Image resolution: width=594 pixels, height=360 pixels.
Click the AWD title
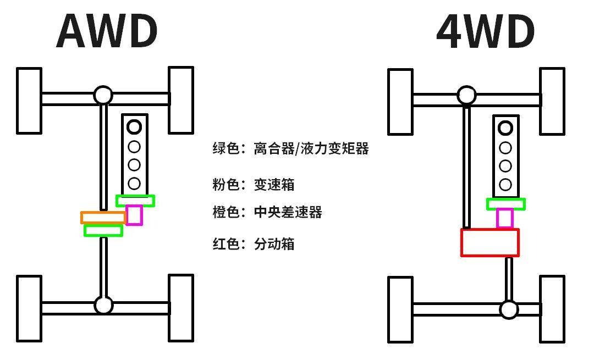pyautogui.click(x=107, y=31)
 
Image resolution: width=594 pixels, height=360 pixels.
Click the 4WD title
pyautogui.click(x=485, y=31)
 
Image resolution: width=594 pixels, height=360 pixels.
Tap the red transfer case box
pyautogui.click(x=490, y=242)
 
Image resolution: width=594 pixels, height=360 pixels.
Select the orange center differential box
pyautogui.click(x=103, y=218)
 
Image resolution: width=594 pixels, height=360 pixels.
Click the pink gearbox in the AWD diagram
pyautogui.click(x=134, y=215)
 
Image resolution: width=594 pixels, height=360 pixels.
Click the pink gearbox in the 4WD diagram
pyautogui.click(x=505, y=218)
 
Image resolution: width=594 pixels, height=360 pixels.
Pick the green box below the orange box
pyautogui.click(x=103, y=231)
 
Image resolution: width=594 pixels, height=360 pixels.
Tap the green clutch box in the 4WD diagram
pyautogui.click(x=505, y=204)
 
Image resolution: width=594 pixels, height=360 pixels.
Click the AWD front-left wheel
pyautogui.click(x=29, y=101)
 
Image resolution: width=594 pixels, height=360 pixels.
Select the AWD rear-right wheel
pyautogui.click(x=180, y=308)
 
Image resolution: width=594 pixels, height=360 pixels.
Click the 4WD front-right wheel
pyautogui.click(x=552, y=101)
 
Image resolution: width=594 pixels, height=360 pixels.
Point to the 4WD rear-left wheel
pyautogui.click(x=400, y=309)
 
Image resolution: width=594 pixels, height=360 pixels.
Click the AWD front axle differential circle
pyautogui.click(x=103, y=96)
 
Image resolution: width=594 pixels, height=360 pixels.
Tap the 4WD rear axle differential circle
pyautogui.click(x=509, y=310)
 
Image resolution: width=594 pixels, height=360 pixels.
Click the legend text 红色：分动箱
pyautogui.click(x=254, y=243)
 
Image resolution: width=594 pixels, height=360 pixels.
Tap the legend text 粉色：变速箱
pyautogui.click(x=254, y=184)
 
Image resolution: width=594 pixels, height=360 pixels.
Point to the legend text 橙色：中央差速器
pyautogui.click(x=267, y=212)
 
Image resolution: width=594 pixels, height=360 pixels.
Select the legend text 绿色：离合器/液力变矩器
pyautogui.click(x=290, y=148)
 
